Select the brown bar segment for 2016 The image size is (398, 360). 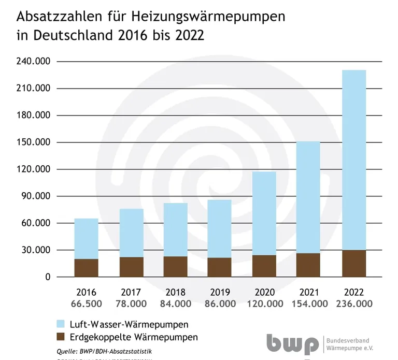(86, 268)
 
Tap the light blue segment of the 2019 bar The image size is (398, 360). (220, 228)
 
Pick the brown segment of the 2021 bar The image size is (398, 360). (308, 265)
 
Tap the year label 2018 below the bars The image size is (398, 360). (175, 293)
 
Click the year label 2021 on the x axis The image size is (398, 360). (308, 293)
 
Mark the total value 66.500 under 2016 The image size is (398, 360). (86, 304)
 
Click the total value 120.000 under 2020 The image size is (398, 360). (264, 304)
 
